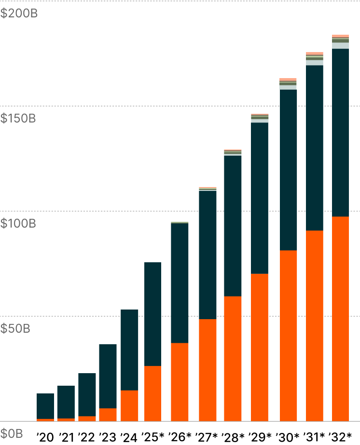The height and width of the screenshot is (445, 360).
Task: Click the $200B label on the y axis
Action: [19, 13]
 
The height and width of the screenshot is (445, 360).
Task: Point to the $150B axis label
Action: [18, 119]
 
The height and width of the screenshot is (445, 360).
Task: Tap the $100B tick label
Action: [18, 224]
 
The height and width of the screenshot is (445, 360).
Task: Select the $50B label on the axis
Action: [15, 329]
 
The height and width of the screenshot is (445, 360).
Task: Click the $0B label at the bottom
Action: [12, 433]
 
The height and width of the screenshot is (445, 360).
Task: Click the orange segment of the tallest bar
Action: [340, 318]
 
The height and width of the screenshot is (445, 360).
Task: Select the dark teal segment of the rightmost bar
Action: [340, 133]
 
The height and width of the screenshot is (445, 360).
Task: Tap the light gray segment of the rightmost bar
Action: [340, 46]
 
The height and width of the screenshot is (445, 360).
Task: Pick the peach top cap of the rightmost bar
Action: [340, 36]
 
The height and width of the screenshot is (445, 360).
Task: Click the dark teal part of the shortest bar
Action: [45, 406]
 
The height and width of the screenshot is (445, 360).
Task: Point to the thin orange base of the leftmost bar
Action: [45, 420]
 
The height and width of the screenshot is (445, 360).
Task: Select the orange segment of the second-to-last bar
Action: [315, 325]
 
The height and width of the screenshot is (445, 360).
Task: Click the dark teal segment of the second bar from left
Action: [66, 402]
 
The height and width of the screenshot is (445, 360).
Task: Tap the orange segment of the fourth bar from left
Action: [108, 415]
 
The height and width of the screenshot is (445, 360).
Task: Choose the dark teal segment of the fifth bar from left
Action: [129, 350]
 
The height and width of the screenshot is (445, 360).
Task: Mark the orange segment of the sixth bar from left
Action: [152, 393]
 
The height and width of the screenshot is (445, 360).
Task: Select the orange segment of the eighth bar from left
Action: [208, 370]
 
